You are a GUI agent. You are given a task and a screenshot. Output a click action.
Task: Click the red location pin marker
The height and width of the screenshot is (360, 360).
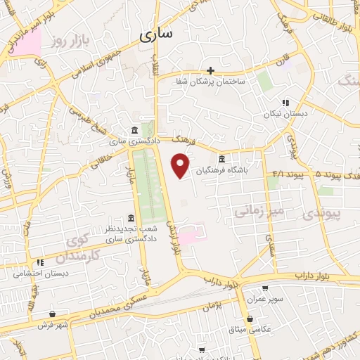tap(181, 165)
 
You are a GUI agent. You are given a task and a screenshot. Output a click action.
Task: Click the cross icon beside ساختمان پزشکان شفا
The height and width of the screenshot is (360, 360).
tap(210, 70)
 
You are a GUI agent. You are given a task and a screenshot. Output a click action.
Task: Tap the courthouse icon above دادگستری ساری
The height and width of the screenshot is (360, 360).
tap(134, 130)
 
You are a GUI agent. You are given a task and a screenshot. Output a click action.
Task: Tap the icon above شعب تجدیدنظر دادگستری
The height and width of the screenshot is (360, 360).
tap(131, 217)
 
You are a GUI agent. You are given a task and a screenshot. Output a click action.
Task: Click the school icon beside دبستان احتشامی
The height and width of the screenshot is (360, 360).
tap(40, 262)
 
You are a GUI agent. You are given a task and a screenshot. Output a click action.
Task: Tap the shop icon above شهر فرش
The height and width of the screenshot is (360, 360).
tap(53, 314)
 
